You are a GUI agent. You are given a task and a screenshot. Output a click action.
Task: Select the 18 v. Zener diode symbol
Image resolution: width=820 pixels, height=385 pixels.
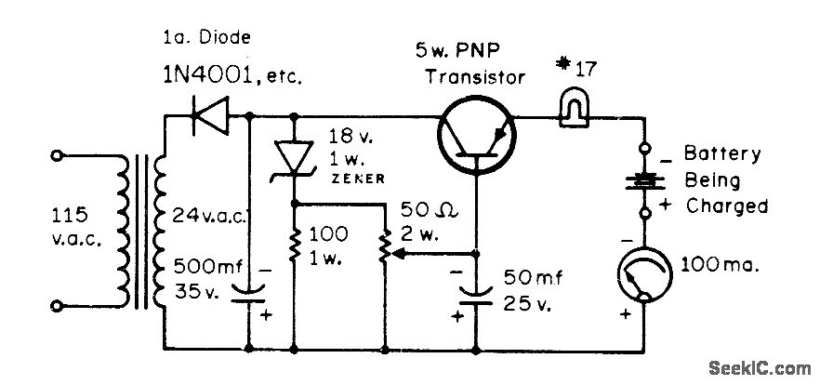click(x=294, y=155)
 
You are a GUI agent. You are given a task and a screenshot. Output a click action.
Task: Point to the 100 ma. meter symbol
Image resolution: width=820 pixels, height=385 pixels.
click(x=642, y=271)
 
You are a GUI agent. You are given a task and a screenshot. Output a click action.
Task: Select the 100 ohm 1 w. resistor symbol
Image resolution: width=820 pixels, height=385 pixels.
click(x=294, y=248)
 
